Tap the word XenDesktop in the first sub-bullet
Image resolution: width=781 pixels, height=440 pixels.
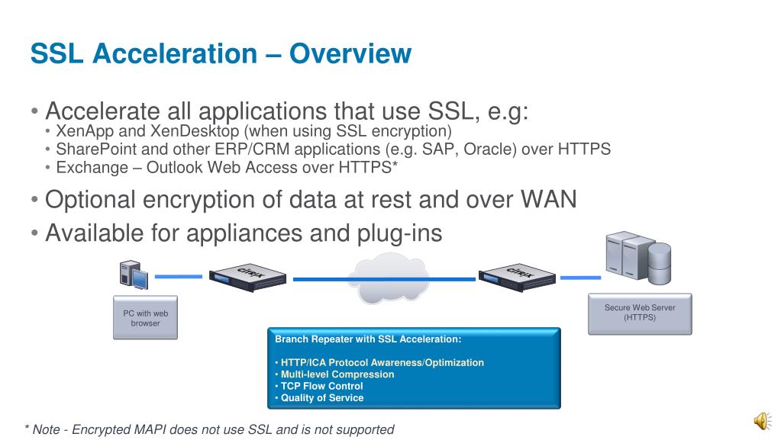(196, 132)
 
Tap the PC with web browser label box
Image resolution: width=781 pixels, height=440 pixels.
(145, 318)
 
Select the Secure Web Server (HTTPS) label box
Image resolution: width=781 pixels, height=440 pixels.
(640, 313)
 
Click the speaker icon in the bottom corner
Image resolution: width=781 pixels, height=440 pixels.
(761, 419)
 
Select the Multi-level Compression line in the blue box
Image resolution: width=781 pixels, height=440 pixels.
(337, 374)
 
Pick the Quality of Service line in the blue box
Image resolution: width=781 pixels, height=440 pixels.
(321, 398)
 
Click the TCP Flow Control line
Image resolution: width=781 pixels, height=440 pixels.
(321, 386)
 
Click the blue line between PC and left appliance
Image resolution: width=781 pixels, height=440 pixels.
(179, 276)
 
